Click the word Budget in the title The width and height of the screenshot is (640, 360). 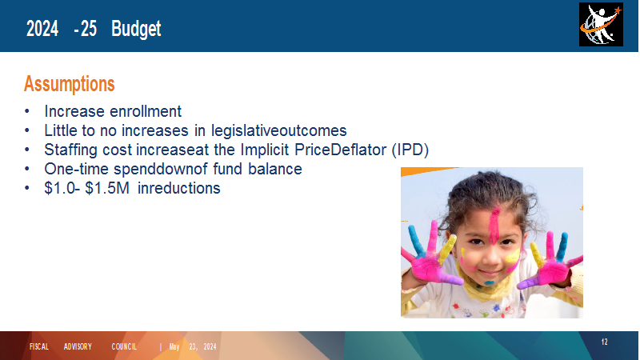pos(136,29)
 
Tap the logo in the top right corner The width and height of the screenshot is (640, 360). pos(601,25)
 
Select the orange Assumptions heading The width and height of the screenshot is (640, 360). pos(70,84)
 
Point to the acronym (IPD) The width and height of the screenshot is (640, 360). pos(410,150)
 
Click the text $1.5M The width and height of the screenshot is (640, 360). pos(107,188)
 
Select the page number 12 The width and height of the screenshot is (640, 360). pos(605,342)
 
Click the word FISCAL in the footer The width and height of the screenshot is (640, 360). pos(38,346)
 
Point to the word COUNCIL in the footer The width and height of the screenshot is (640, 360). pos(124,346)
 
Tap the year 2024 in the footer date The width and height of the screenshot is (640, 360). pos(210,347)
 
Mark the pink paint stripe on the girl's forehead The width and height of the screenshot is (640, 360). pos(494,226)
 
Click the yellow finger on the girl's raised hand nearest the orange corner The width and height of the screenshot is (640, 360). pos(447,249)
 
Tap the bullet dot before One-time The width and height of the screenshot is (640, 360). pos(27,169)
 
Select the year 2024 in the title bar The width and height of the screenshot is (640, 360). pos(42,29)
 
